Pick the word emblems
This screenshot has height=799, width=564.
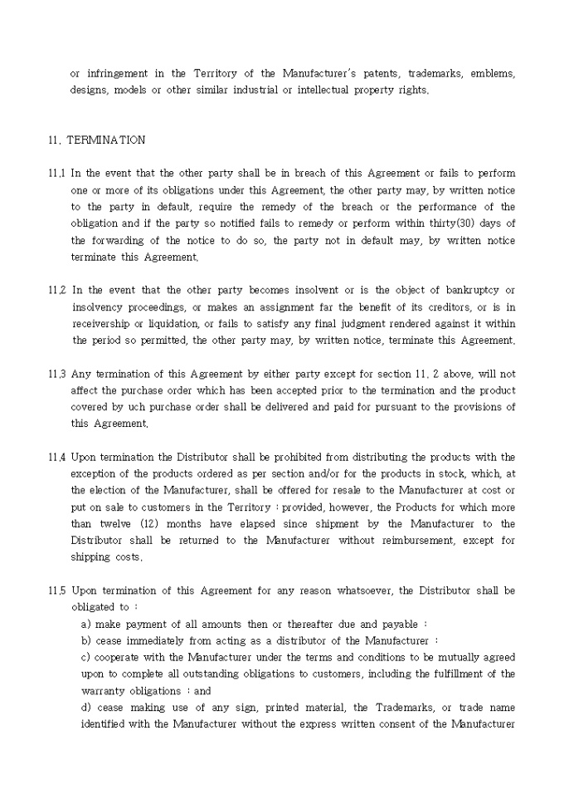tap(493, 74)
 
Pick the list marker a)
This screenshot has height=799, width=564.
tap(86, 625)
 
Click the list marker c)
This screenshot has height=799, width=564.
tap(86, 658)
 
